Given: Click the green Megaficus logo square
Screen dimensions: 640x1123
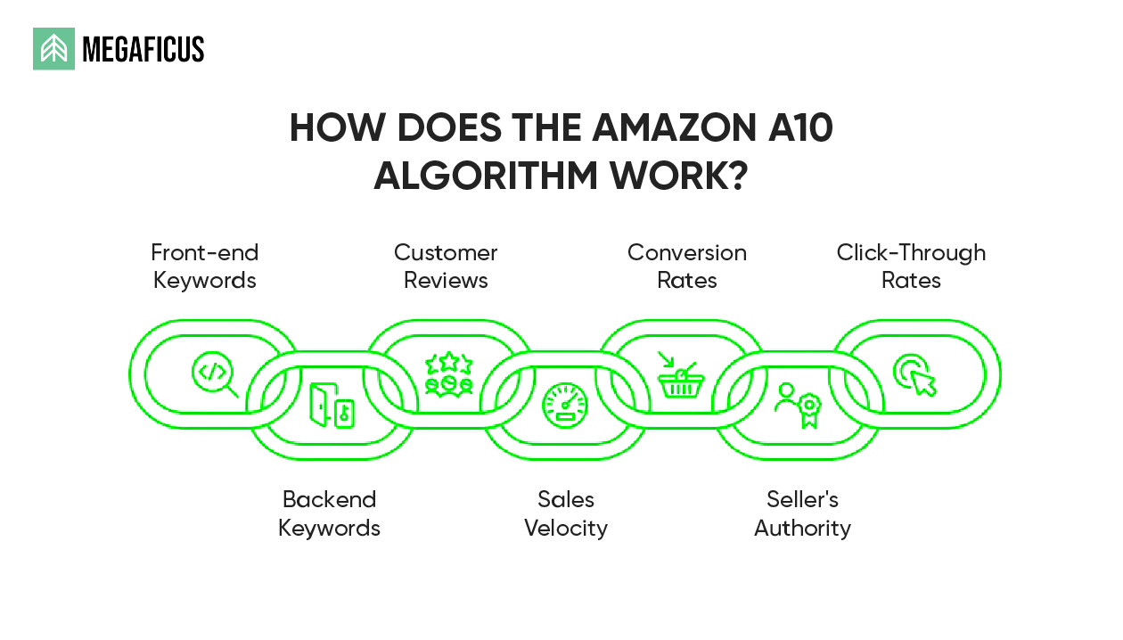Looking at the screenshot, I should coord(53,49).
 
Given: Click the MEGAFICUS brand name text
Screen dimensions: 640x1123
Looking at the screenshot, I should coord(143,49).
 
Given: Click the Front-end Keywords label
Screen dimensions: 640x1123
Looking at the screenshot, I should coord(205,267).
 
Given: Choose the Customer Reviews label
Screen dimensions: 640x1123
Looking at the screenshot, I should coord(446,267).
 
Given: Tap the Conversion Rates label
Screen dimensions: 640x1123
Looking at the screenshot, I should coord(687,267).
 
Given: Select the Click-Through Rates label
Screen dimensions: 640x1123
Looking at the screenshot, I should coord(911,267).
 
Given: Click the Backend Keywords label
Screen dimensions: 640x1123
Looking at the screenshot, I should coord(329,513).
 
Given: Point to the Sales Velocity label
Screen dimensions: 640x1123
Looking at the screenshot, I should coord(566,513).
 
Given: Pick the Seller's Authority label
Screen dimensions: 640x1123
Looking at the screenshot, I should coord(802,513).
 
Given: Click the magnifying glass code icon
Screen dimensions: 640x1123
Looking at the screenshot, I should coord(215,373).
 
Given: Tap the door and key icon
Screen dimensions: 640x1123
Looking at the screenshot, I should coord(332,406).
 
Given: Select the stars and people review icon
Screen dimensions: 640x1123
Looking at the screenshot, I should coord(448,373).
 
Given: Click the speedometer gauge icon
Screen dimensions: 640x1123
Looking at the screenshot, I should coord(566,406).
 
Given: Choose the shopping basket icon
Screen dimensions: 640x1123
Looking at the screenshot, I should coord(680,376).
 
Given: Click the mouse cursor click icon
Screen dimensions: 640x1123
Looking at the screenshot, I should coord(914,375).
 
